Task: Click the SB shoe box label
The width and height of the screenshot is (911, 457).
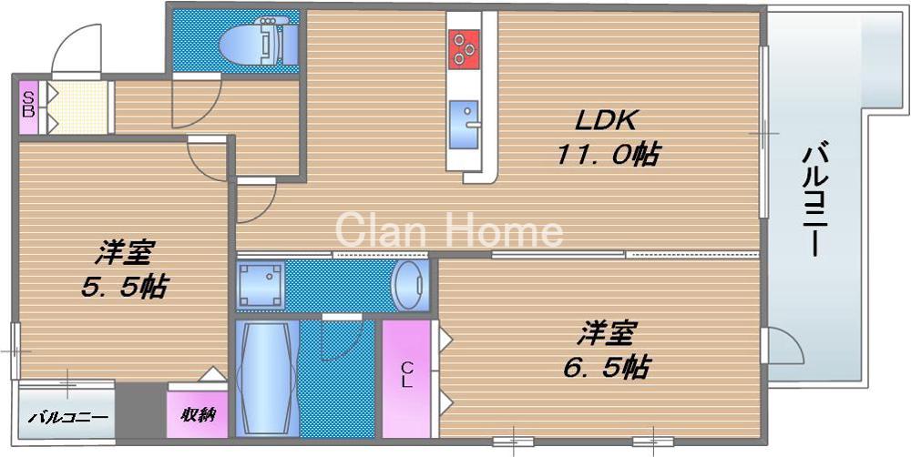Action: point(28,106)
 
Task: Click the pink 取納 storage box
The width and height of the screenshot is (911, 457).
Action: point(197,415)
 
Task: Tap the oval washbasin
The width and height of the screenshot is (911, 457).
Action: point(409,284)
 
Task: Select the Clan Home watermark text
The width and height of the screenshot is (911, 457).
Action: point(451,229)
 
